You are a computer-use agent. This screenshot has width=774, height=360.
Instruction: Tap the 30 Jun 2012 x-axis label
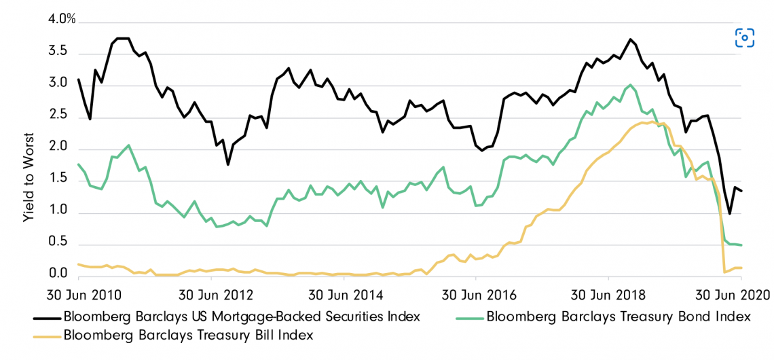(x=211, y=296)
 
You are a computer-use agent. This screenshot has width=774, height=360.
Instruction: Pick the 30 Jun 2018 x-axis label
(x=608, y=296)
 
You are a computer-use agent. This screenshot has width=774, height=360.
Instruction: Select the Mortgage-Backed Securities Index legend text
(x=241, y=317)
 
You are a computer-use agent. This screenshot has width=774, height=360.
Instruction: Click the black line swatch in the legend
(x=46, y=317)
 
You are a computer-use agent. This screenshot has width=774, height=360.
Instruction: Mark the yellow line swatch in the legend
(x=46, y=335)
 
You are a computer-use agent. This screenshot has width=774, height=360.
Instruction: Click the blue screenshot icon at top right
(x=745, y=38)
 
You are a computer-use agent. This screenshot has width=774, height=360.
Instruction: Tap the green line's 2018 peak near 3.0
(x=631, y=85)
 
